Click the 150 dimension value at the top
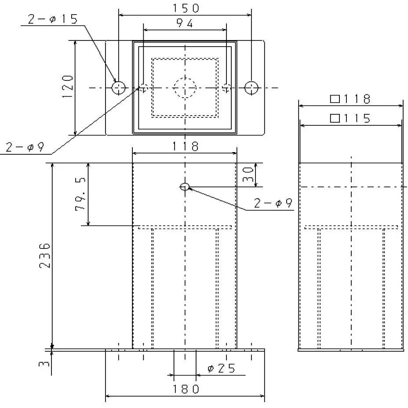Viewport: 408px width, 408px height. pyautogui.click(x=185, y=8)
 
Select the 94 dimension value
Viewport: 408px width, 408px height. pyautogui.click(x=185, y=24)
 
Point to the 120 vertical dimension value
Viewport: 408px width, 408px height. pyautogui.click(x=67, y=87)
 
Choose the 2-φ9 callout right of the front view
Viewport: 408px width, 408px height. pyautogui.click(x=273, y=203)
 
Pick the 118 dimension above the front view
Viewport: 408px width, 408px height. pyautogui.click(x=185, y=146)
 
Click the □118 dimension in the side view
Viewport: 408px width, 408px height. pyautogui.click(x=351, y=99)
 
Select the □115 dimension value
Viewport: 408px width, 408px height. pyautogui.click(x=351, y=118)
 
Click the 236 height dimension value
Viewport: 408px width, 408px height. pyautogui.click(x=45, y=256)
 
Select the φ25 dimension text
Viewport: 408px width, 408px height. pyautogui.click(x=221, y=368)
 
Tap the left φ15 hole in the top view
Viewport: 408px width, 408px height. pyautogui.click(x=118, y=87)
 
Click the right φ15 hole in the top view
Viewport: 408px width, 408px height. pyautogui.click(x=251, y=87)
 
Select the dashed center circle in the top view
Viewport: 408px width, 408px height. pyautogui.click(x=185, y=87)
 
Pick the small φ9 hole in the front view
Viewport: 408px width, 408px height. pyautogui.click(x=185, y=187)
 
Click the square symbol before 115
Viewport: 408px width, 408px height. pyautogui.click(x=335, y=118)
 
